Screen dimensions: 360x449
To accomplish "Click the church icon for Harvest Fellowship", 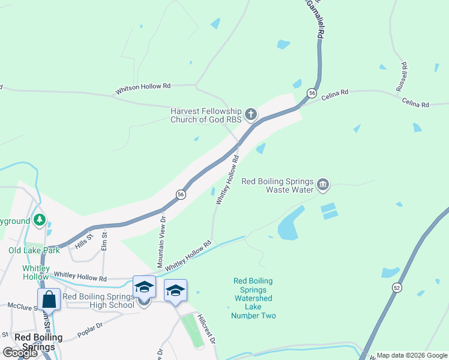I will [x=251, y=113].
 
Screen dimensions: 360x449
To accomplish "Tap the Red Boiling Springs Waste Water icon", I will [x=323, y=184].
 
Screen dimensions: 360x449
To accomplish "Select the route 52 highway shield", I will [x=397, y=288].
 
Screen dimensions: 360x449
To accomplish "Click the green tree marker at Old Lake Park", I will [x=40, y=220].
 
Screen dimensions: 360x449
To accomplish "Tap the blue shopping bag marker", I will [x=49, y=299].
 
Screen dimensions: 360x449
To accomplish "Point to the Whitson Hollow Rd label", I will [x=143, y=87].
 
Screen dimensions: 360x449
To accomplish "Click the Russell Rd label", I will [x=402, y=76].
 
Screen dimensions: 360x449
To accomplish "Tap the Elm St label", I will [x=104, y=241].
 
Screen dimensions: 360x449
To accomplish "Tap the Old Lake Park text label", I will [x=34, y=250].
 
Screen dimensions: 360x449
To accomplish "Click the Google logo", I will [x=20, y=353].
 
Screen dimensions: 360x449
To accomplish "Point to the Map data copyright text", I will [x=412, y=355].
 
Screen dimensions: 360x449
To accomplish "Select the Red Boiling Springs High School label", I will [x=98, y=301].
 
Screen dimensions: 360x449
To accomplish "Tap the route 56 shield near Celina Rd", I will [x=312, y=93].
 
